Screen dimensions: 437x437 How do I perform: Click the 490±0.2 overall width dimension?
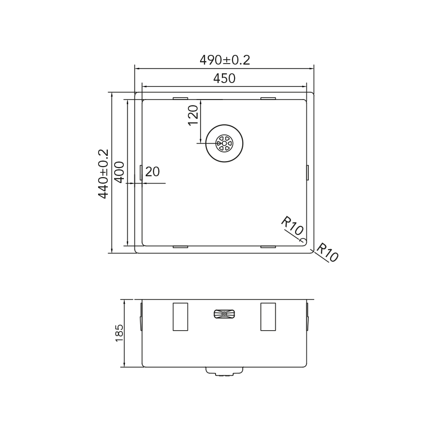pyautogui.click(x=225, y=60)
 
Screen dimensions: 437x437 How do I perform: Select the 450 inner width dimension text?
pyautogui.click(x=224, y=79)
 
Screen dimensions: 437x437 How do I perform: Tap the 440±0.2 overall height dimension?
pyautogui.click(x=103, y=174)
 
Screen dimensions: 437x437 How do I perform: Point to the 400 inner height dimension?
pyautogui.click(x=119, y=172)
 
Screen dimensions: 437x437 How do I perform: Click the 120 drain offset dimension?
pyautogui.click(x=193, y=116)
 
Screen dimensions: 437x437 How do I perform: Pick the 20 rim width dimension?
pyautogui.click(x=152, y=172)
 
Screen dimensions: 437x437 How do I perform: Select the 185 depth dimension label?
pyautogui.click(x=119, y=333)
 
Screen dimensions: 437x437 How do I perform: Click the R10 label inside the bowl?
pyautogui.click(x=292, y=226)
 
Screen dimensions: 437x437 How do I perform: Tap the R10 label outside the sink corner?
pyautogui.click(x=327, y=252)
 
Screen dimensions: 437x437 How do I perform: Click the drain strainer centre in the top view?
pyautogui.click(x=224, y=143)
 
